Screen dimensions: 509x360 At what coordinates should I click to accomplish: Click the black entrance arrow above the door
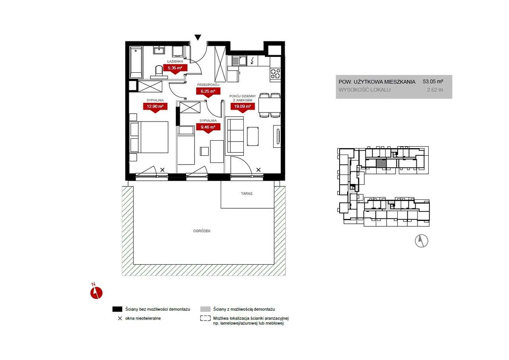click(x=198, y=37)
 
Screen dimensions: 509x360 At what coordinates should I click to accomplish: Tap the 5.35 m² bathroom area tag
click(x=175, y=69)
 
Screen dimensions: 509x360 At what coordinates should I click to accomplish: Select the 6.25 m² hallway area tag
click(x=208, y=92)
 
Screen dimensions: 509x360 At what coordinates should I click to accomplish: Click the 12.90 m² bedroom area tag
click(x=155, y=108)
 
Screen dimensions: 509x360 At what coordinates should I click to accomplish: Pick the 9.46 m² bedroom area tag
click(x=208, y=128)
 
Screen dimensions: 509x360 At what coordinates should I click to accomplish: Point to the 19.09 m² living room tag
click(x=243, y=108)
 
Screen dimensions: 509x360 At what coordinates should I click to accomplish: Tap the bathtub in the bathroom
click(x=136, y=62)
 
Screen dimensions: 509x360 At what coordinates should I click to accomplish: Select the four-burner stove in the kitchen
click(x=275, y=74)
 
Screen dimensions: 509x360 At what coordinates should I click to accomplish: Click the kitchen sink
click(x=239, y=61)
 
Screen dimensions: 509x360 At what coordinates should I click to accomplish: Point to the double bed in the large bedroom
click(x=149, y=137)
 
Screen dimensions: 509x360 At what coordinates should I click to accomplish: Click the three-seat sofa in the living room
click(x=234, y=136)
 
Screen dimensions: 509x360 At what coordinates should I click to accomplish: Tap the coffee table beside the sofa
click(x=253, y=136)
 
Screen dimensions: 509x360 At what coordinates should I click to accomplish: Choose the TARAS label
click(x=247, y=194)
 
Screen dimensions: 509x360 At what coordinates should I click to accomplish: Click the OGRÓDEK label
click(x=202, y=231)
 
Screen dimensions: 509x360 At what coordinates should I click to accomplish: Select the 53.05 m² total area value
click(x=433, y=81)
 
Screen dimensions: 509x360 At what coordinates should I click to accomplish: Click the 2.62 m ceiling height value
click(x=435, y=90)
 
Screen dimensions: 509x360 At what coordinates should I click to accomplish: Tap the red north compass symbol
click(x=96, y=292)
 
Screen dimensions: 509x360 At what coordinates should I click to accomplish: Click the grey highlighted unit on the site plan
click(x=381, y=164)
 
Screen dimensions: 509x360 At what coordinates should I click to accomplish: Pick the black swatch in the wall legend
click(x=117, y=309)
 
